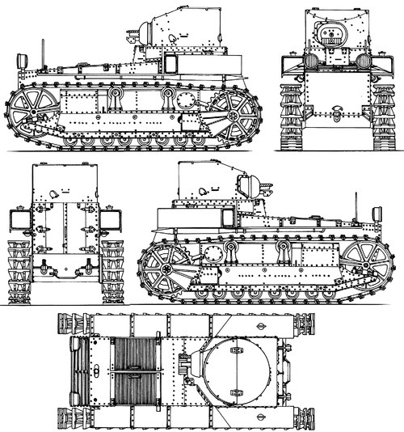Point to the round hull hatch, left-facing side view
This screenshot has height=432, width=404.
click(187, 100)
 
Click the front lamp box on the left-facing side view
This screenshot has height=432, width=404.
click(22, 60)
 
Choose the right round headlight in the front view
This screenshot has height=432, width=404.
click(363, 60)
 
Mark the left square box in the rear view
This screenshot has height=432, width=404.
click(15, 218)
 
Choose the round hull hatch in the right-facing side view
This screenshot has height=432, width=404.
click(213, 254)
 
